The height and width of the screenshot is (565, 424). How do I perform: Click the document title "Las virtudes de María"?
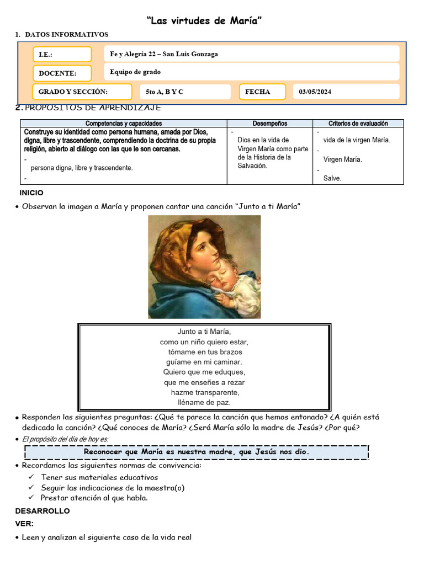pos(204,20)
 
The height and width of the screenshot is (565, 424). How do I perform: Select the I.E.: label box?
pos(62,55)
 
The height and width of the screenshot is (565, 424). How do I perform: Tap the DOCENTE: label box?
pos(62,73)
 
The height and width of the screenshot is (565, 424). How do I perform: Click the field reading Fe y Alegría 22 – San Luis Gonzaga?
pos(251,54)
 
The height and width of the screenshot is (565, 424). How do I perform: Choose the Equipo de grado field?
pos(251,72)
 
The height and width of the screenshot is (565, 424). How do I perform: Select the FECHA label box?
pos(262,92)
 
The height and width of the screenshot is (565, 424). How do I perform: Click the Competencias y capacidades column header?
pos(124,124)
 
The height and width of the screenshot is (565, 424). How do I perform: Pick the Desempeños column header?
pos(269,124)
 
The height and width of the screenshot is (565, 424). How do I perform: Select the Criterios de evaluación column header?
pos(358,124)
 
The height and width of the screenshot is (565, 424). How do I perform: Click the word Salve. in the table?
pos(332,178)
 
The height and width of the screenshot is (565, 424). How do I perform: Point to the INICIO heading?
pos(31,193)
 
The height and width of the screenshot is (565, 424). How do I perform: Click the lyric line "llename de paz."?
pos(204,403)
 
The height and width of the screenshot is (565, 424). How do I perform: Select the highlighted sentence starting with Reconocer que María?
pos(197,452)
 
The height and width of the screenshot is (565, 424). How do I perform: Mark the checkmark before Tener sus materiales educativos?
pos(31,477)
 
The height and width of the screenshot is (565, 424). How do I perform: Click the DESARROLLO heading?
pos(43,511)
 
